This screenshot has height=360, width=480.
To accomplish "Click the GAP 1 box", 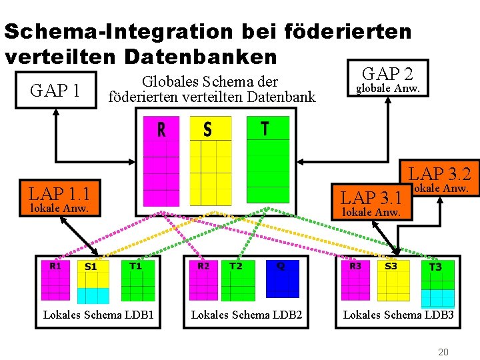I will pyautogui.click(x=56, y=90).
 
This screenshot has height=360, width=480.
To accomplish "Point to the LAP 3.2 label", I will pyautogui.click(x=439, y=175).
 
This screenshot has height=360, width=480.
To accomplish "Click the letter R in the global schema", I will pyautogui.click(x=161, y=129).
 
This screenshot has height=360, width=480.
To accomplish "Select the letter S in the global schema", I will pyautogui.click(x=207, y=129).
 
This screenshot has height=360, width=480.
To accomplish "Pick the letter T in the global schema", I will pyautogui.click(x=265, y=128).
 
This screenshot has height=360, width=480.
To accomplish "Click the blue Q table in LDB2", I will pyautogui.click(x=282, y=279).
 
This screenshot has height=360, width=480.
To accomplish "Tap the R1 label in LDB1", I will pyautogui.click(x=56, y=265).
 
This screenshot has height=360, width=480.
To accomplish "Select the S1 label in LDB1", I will pyautogui.click(x=91, y=267).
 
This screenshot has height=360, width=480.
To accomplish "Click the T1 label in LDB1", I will pyautogui.click(x=135, y=265).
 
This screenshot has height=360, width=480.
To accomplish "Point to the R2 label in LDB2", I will pyautogui.click(x=204, y=265).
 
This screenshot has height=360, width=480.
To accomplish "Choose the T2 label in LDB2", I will pyautogui.click(x=236, y=265).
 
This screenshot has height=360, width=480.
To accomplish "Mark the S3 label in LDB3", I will pyautogui.click(x=391, y=266).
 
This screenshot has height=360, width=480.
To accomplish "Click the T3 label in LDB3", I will pyautogui.click(x=435, y=267).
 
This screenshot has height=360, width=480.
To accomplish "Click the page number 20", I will pyautogui.click(x=443, y=351).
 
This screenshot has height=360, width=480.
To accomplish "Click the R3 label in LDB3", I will pyautogui.click(x=355, y=265).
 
